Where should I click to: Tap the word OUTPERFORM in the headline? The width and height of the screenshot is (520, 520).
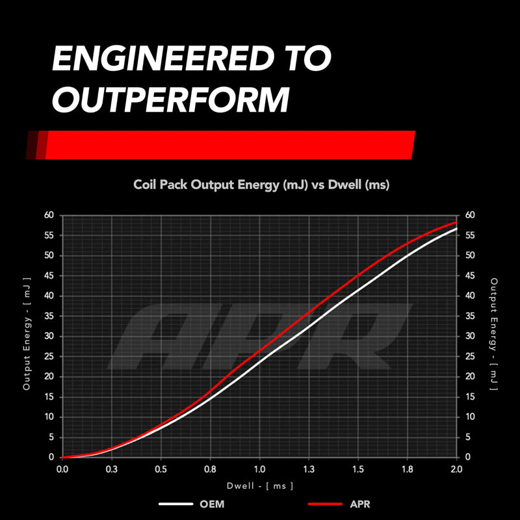tap(171, 99)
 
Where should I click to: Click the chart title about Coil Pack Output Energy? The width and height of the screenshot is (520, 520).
tap(261, 185)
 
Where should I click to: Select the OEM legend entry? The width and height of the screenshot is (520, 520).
tap(192, 504)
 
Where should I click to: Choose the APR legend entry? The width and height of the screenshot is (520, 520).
tap(339, 504)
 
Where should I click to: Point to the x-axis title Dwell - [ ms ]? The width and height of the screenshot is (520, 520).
tap(260, 486)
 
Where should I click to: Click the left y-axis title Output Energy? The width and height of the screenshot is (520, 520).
tap(27, 333)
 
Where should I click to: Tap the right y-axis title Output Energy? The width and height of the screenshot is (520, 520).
tap(494, 334)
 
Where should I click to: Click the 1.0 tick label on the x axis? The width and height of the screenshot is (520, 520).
tap(259, 469)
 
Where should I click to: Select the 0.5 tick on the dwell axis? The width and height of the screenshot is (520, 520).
tap(161, 469)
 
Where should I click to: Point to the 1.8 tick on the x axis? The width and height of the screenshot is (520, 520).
tap(408, 469)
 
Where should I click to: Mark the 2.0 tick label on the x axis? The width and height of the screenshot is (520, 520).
tap(456, 469)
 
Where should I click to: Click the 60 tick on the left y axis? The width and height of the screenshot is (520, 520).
tap(49, 215)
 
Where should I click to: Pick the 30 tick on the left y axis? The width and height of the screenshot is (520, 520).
tap(49, 336)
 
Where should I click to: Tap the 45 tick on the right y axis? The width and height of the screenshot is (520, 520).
tap(470, 276)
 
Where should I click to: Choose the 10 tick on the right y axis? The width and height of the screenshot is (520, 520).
tap(470, 417)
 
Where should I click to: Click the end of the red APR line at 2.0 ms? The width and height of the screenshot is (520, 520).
tap(457, 222)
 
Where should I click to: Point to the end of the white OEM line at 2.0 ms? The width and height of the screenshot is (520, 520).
tap(457, 229)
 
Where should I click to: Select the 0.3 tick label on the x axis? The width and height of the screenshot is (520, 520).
tap(111, 469)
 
